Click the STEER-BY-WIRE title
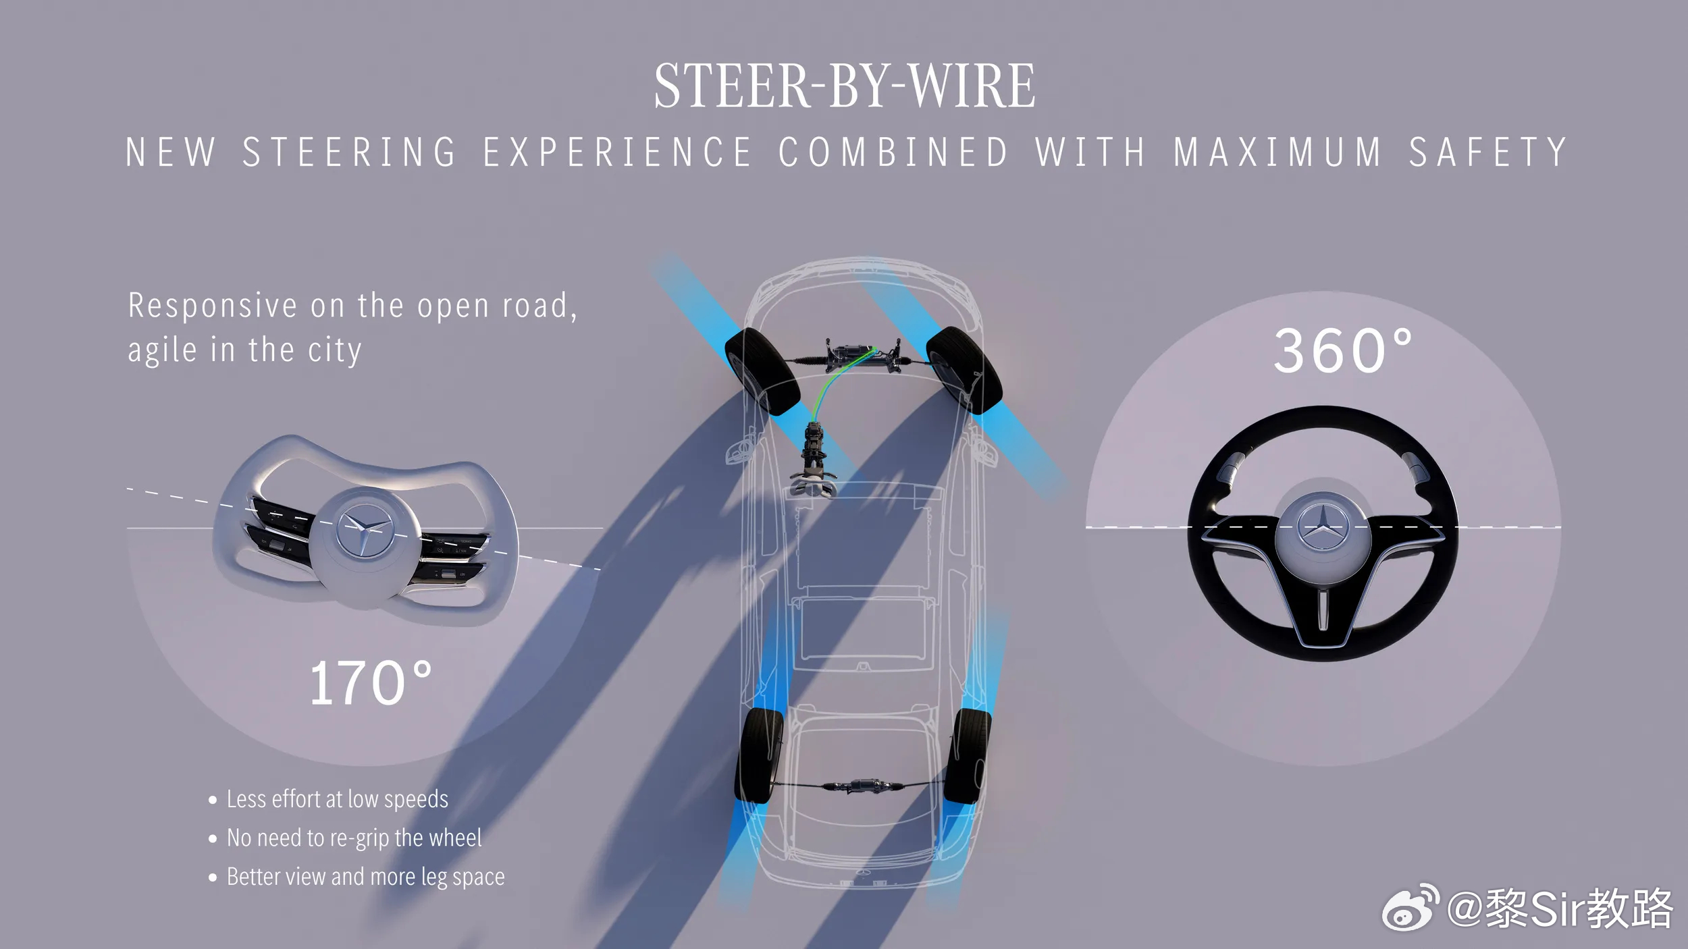tap(844, 86)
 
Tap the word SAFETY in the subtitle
tap(1487, 152)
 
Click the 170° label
tap(370, 684)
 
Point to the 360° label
tap(1342, 351)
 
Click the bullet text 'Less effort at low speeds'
tap(337, 799)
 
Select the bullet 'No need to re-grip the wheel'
tap(354, 838)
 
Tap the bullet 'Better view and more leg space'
tap(365, 877)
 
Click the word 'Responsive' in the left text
tap(212, 306)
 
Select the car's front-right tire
tap(964, 369)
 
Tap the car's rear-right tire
tap(967, 756)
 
